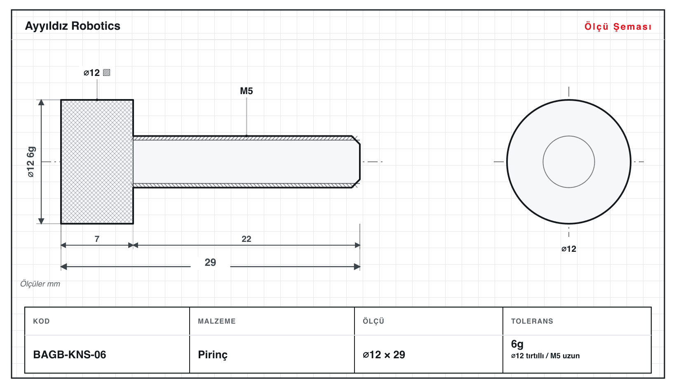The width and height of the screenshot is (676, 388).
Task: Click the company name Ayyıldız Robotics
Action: pos(73,26)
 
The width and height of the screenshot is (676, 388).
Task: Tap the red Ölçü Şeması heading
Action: pos(618,26)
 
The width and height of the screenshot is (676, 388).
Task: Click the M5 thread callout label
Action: pos(246,91)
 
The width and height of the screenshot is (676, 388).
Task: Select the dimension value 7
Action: pos(97,239)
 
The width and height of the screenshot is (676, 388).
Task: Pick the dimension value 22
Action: pos(246,239)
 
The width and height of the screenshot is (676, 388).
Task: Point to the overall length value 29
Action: pos(210,262)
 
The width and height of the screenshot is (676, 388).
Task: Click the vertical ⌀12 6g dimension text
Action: pos(31,162)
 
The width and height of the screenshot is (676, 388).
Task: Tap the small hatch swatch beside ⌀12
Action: pos(106,73)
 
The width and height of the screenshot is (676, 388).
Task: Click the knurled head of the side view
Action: pos(97,162)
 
